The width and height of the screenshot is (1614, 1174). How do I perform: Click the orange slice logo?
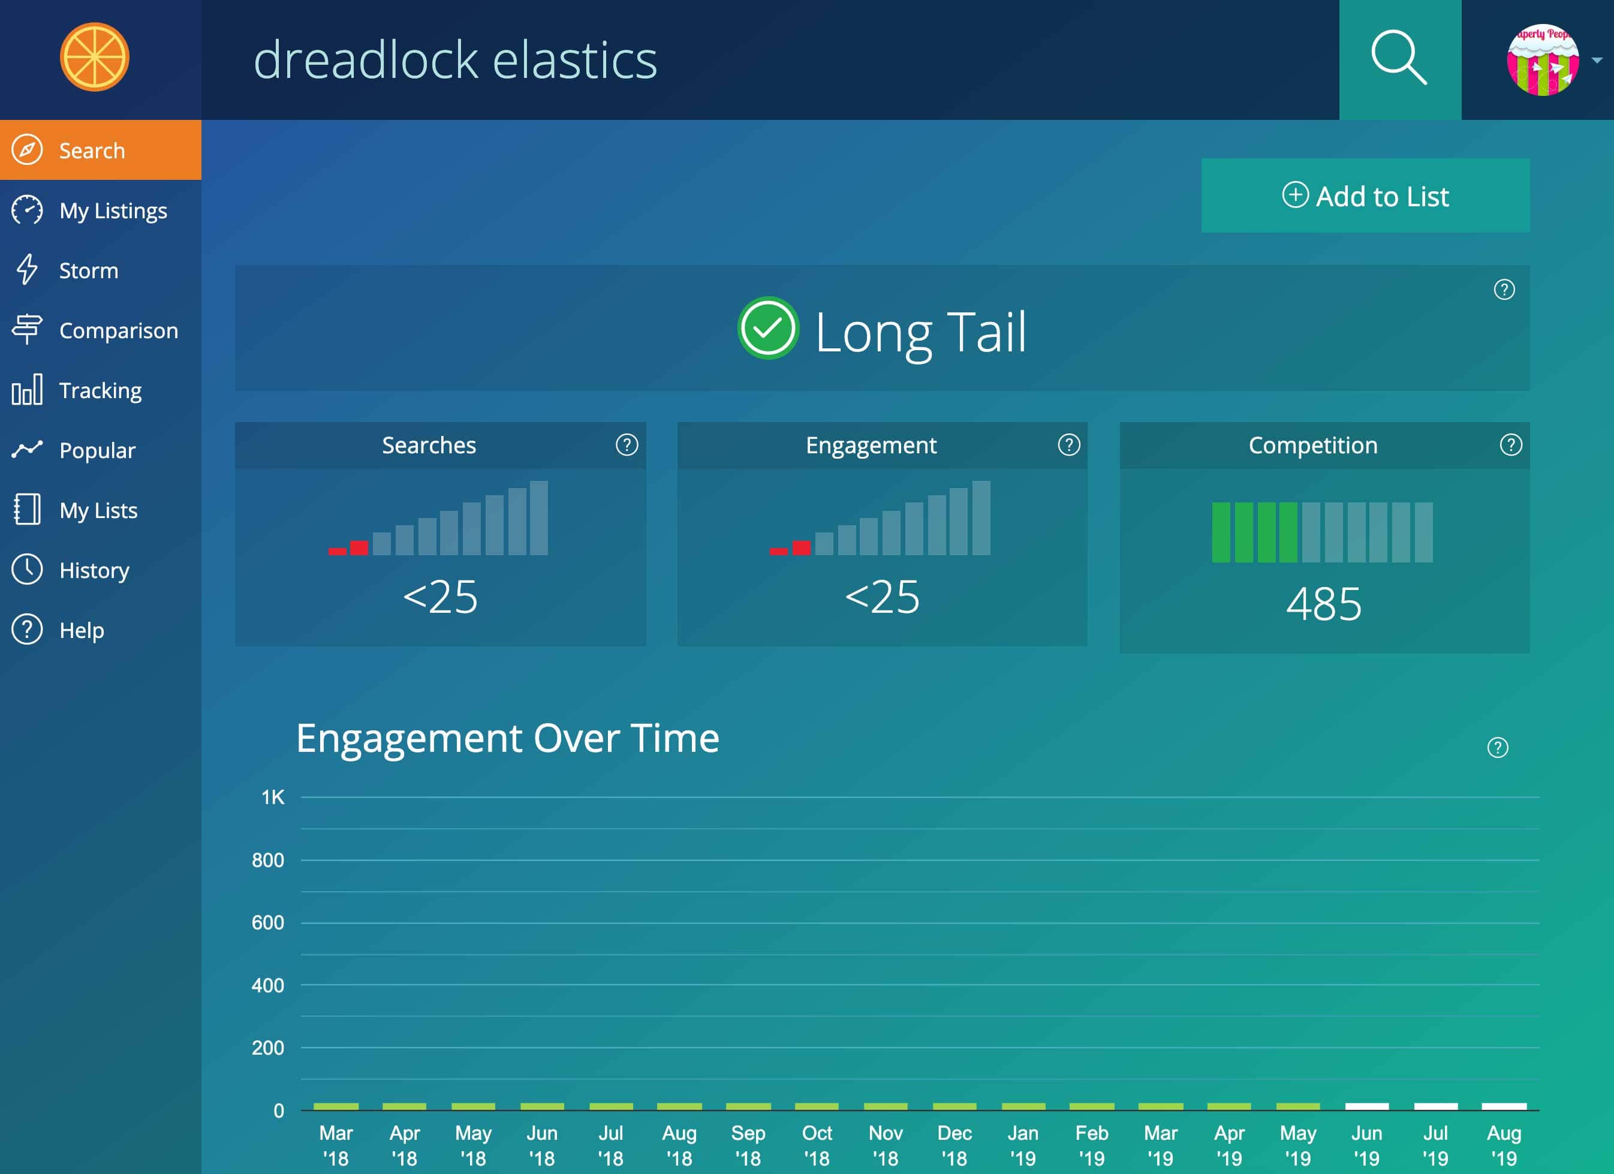[95, 57]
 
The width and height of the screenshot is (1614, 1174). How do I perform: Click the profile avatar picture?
[1542, 60]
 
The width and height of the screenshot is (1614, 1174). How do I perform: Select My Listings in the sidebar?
[113, 210]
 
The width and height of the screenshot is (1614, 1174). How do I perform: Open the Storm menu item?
[88, 270]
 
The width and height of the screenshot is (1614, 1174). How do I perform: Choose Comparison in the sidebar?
[118, 330]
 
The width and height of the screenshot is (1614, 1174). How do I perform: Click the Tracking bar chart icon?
[27, 390]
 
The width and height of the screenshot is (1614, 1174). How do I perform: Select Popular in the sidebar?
[97, 450]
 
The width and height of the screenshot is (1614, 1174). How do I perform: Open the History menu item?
[94, 570]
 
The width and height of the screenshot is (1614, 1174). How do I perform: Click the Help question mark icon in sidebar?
[27, 630]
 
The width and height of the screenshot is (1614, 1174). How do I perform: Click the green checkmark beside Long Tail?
[768, 328]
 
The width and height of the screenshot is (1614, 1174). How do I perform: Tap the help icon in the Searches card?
[627, 445]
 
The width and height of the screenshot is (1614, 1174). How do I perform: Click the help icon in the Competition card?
[1510, 445]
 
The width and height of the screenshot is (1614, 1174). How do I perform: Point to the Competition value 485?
[1324, 604]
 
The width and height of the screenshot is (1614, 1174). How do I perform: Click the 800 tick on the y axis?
[267, 860]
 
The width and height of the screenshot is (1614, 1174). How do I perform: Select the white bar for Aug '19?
[1504, 1106]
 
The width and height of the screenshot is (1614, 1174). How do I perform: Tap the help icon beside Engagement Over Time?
[1497, 747]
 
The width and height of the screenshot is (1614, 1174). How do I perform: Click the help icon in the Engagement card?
[1068, 445]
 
